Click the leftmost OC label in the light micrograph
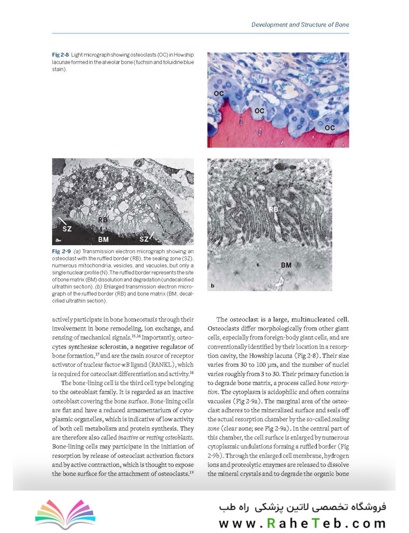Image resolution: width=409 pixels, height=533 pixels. coord(218,93)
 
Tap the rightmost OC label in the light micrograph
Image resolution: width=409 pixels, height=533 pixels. coord(329,127)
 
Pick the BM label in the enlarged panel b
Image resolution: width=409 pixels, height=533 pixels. coord(286,265)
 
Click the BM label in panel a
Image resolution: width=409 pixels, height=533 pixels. coord(103,239)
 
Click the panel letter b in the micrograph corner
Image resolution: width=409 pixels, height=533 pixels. coord(212,285)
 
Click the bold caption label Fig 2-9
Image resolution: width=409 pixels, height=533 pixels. coord(61,251)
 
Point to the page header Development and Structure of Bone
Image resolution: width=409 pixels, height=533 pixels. coord(300,24)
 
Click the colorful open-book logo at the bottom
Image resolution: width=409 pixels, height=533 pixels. coord(65,514)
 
